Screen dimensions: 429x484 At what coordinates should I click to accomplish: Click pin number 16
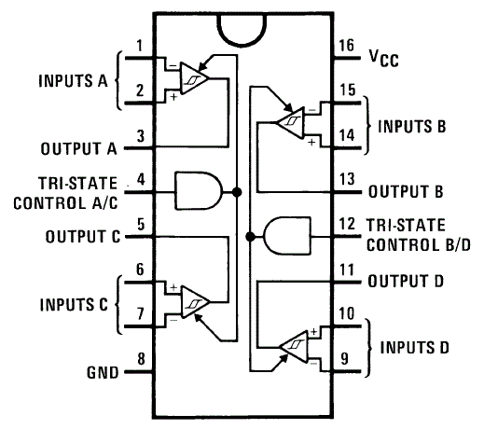(x=345, y=46)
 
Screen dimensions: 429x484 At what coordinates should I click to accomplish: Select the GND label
(x=102, y=373)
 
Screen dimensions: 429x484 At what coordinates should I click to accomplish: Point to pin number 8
(x=140, y=359)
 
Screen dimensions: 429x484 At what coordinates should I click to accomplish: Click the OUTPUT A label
(x=79, y=148)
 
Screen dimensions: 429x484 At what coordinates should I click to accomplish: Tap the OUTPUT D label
(x=404, y=280)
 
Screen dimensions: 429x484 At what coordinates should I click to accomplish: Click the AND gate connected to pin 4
(x=202, y=191)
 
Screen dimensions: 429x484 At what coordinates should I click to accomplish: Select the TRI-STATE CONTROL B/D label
(x=406, y=237)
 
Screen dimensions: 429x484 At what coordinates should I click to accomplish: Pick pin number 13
(x=346, y=178)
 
